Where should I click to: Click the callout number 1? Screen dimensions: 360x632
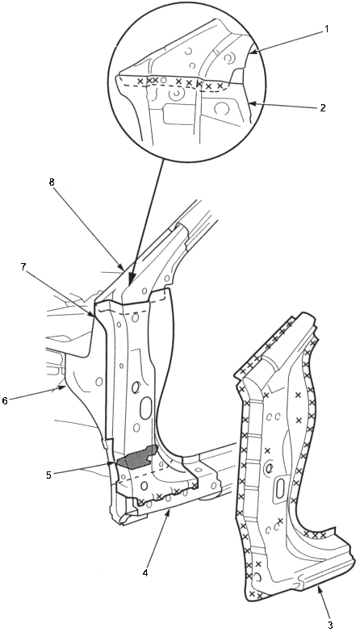coord(327,30)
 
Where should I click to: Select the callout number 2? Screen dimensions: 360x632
coord(323,108)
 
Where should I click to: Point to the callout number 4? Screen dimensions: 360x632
coord(145,572)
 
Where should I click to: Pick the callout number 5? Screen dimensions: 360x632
coord(48,475)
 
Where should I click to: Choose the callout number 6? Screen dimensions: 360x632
coord(5,401)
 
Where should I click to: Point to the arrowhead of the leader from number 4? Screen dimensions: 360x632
coord(170,513)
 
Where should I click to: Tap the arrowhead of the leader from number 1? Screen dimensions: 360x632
coord(253,52)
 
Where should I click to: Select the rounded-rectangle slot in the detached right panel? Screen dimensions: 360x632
coord(281,487)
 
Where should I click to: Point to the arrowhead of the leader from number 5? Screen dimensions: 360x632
coord(112,463)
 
